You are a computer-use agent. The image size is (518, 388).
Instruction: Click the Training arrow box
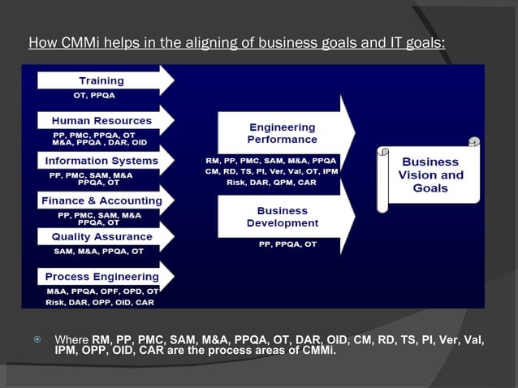pyautogui.click(x=101, y=80)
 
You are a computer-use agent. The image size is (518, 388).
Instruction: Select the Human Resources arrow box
pyautogui.click(x=101, y=120)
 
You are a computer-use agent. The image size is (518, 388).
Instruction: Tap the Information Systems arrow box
pyautogui.click(x=101, y=160)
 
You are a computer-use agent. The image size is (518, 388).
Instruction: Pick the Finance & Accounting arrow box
pyautogui.click(x=101, y=200)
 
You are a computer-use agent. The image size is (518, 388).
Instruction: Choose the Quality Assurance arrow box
pyautogui.click(x=101, y=236)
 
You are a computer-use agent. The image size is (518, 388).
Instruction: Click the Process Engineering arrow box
pyautogui.click(x=101, y=276)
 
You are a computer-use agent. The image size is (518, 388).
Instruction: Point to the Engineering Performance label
pyautogui.click(x=282, y=133)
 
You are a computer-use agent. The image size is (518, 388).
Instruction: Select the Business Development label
pyautogui.click(x=282, y=217)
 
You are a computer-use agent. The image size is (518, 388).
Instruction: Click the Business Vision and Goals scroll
pyautogui.click(x=430, y=175)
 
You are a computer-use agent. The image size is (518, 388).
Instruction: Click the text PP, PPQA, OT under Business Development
pyautogui.click(x=282, y=244)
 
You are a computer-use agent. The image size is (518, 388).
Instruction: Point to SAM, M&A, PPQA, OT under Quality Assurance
pyautogui.click(x=98, y=251)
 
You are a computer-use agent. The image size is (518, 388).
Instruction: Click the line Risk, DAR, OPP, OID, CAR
pyautogui.click(x=99, y=301)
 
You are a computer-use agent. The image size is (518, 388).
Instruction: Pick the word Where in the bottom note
pyautogui.click(x=71, y=339)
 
